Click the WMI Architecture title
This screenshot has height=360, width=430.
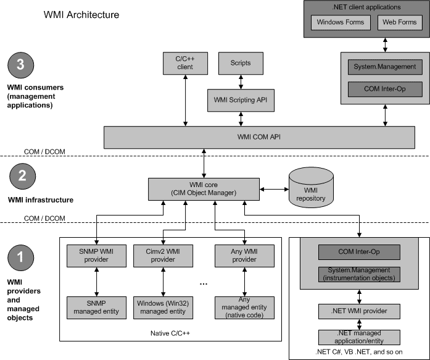coord(81,14)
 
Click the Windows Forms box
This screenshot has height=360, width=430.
coord(340,23)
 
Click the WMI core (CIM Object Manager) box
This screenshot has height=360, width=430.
coord(204,188)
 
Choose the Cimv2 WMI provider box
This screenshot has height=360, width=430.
coord(163,254)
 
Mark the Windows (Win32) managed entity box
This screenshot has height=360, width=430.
coord(163,306)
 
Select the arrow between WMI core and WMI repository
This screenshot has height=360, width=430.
coord(273,188)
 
